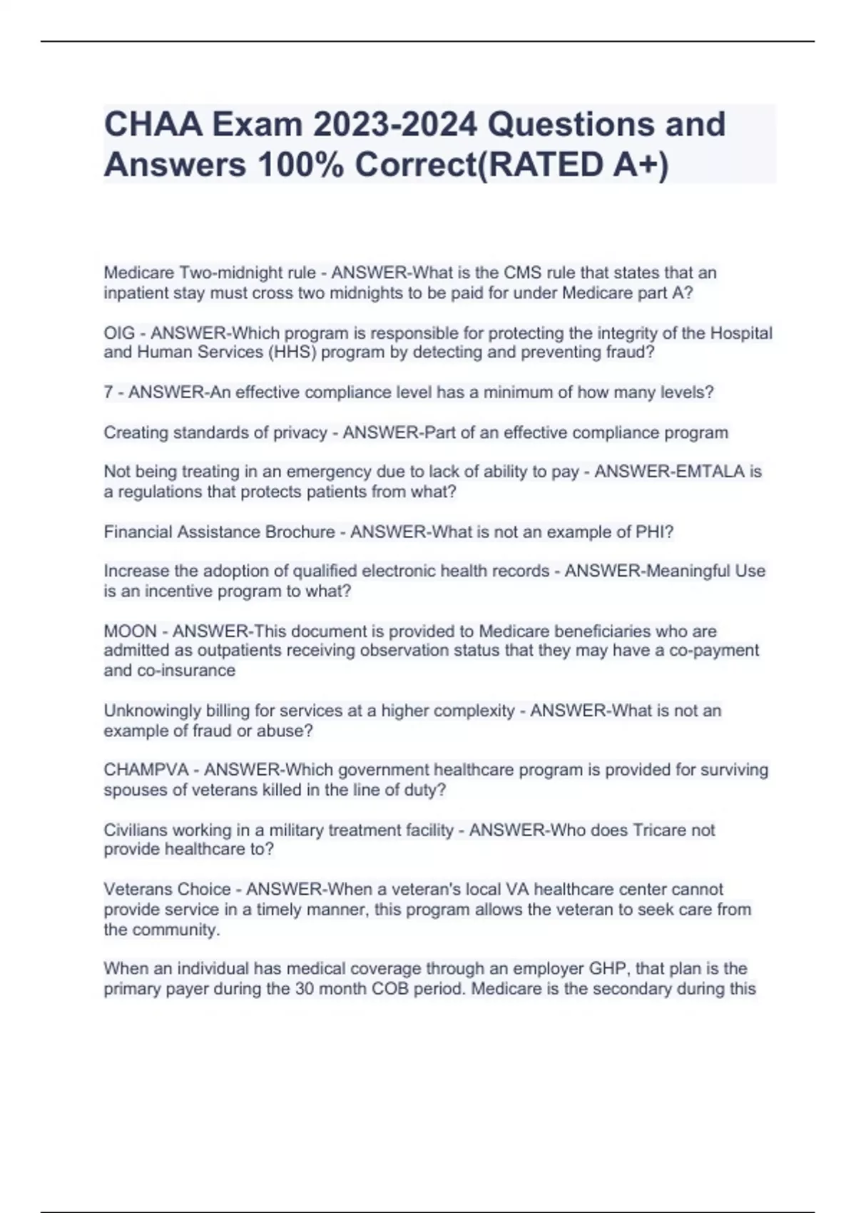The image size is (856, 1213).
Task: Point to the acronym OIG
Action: pyautogui.click(x=119, y=333)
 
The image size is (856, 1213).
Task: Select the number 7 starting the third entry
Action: pyautogui.click(x=108, y=392)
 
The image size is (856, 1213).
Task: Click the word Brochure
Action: pyautogui.click(x=300, y=532)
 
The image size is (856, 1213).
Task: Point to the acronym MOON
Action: pyautogui.click(x=130, y=631)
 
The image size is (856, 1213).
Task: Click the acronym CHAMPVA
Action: pyautogui.click(x=146, y=770)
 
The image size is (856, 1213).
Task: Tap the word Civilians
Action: pyautogui.click(x=135, y=831)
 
